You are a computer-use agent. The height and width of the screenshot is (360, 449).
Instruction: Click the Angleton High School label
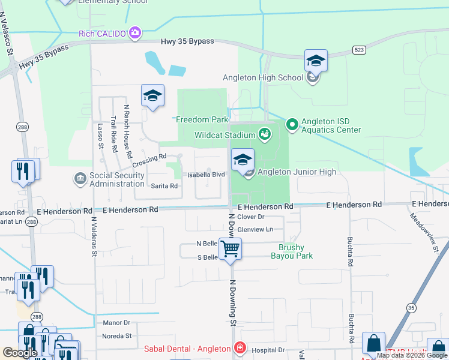pyautogui.click(x=262, y=77)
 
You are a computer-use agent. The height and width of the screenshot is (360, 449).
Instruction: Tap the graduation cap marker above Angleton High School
pyautogui.click(x=316, y=61)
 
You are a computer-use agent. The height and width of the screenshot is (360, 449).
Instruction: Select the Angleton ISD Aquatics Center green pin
pyautogui.click(x=292, y=125)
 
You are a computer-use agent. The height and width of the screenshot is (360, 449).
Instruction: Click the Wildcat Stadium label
pyautogui.click(x=220, y=135)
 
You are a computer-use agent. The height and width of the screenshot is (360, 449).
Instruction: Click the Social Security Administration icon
pyautogui.click(x=79, y=179)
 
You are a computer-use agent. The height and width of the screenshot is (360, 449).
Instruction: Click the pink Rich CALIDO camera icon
pyautogui.click(x=136, y=32)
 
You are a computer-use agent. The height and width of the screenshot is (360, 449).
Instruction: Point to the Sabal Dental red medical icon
pyautogui.click(x=240, y=348)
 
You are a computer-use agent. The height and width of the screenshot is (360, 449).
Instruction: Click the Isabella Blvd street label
pyautogui.click(x=206, y=175)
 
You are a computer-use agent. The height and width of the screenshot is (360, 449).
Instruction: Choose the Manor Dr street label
pyautogui.click(x=116, y=323)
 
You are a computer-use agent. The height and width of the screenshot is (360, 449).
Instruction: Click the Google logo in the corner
pyautogui.click(x=20, y=353)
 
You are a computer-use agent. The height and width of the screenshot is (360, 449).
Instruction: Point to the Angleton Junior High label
pyautogui.click(x=297, y=172)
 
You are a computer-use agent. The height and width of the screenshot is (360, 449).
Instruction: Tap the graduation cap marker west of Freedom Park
pyautogui.click(x=152, y=96)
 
